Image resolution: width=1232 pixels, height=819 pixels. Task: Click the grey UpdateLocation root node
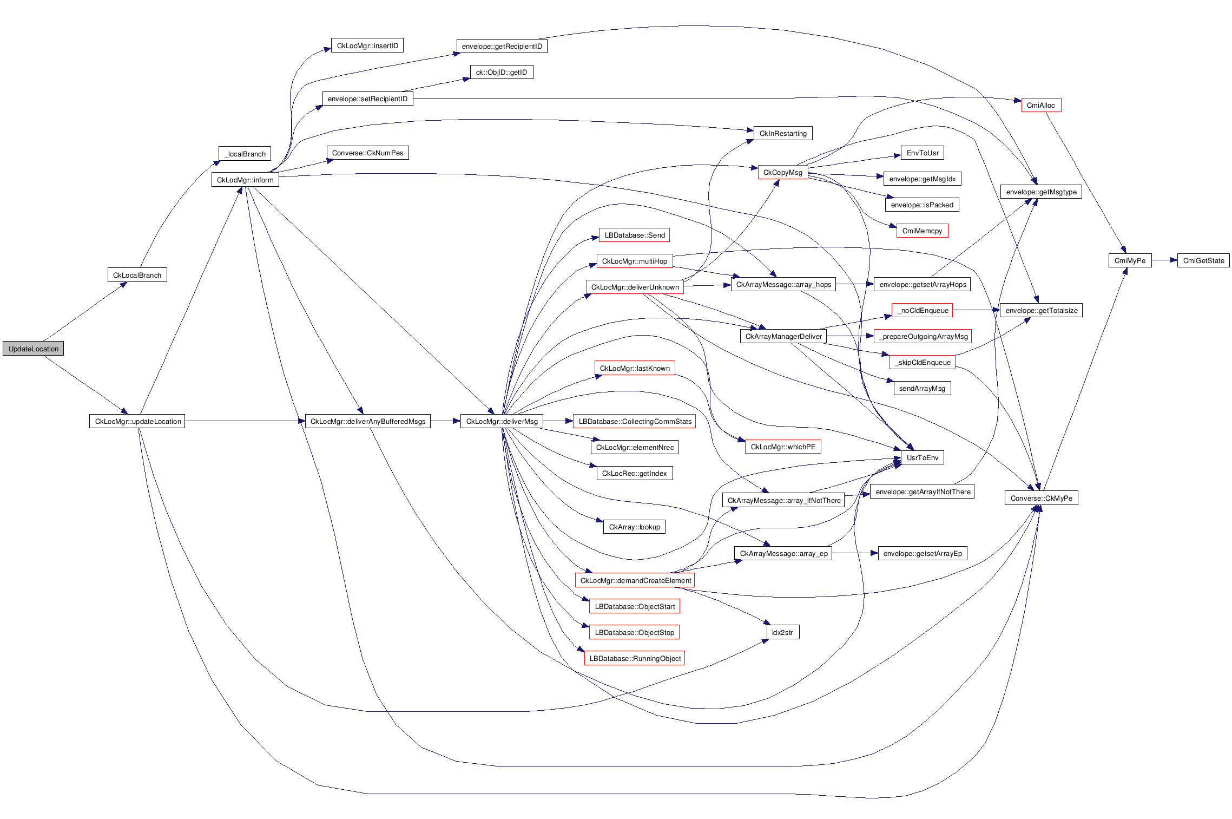point(33,349)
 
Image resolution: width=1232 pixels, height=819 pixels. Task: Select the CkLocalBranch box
point(137,275)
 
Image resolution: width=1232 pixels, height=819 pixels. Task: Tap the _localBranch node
point(245,154)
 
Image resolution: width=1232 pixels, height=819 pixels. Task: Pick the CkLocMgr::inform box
point(245,180)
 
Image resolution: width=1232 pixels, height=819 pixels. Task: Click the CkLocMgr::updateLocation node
point(137,421)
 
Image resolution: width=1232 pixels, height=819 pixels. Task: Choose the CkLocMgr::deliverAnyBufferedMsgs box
point(367,421)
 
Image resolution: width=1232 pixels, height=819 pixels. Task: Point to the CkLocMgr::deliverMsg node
point(502,421)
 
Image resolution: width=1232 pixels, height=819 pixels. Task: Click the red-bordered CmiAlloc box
point(1040,105)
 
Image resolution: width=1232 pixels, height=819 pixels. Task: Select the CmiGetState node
point(1203,260)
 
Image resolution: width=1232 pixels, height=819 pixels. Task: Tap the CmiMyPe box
point(1129,260)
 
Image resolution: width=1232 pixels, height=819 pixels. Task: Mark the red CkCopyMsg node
point(782,172)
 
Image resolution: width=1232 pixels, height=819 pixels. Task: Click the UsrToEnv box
point(922,457)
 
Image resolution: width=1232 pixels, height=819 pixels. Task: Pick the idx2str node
point(782,632)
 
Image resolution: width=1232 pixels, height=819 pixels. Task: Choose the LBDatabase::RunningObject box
point(635,658)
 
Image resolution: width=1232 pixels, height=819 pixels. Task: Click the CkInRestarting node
point(782,133)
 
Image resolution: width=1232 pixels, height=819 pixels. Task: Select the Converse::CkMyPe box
point(1041,498)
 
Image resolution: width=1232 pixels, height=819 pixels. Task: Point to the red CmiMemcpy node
point(922,231)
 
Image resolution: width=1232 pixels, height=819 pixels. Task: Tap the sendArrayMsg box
point(922,388)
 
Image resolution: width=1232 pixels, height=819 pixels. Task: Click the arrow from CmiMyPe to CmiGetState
point(1164,260)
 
